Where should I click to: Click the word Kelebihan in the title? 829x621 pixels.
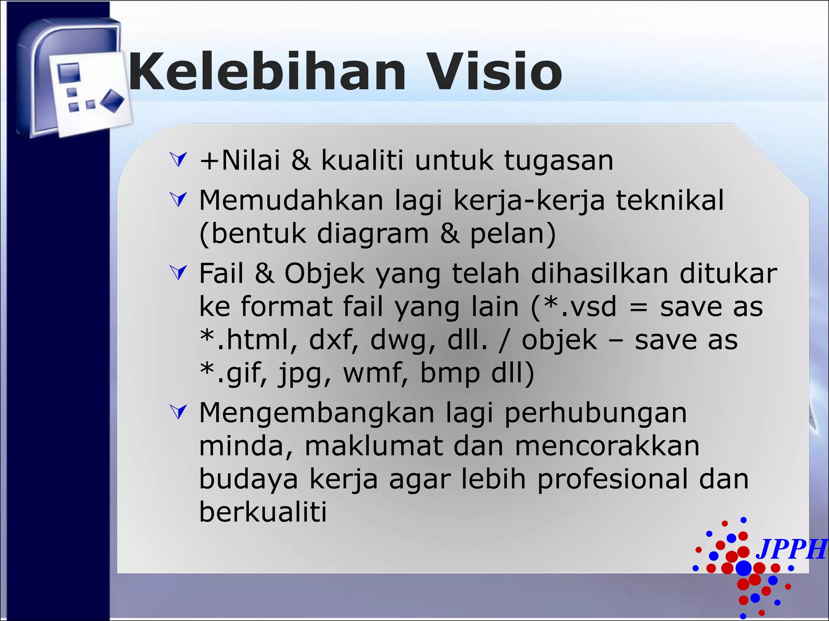[x=267, y=72]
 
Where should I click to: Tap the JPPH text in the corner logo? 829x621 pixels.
[x=791, y=549]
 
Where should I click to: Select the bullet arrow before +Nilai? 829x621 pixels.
[x=179, y=159]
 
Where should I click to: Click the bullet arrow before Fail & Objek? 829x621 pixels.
[x=179, y=272]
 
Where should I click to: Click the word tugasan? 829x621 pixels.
[x=559, y=161]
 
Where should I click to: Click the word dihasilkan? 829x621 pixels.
[x=599, y=273]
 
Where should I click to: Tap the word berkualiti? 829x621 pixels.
[x=263, y=512]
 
